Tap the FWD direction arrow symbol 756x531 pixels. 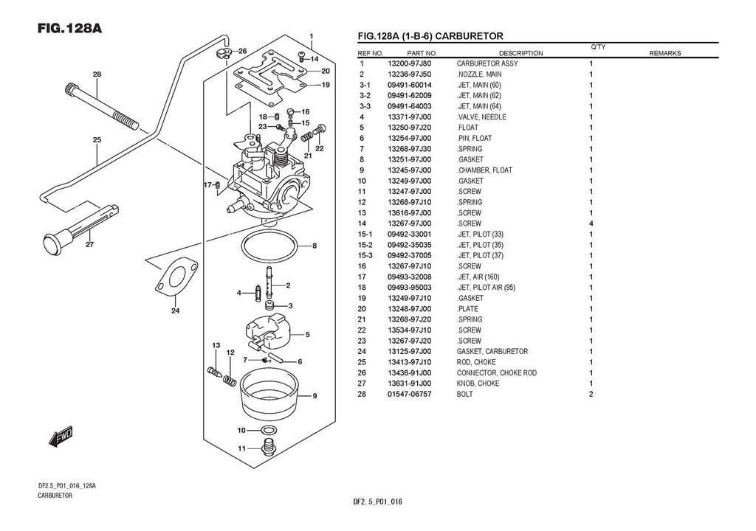(60, 437)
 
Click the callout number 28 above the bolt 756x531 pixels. (97, 74)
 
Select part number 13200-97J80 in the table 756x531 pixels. (409, 64)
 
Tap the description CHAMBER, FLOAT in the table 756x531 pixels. (484, 170)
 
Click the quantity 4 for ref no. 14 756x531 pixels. (591, 223)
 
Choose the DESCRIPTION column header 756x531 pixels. (520, 53)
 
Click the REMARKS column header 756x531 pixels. (664, 53)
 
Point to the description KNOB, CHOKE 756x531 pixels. (478, 383)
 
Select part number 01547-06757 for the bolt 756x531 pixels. (409, 394)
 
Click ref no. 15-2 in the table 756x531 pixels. (365, 245)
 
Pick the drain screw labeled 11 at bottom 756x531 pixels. (269, 447)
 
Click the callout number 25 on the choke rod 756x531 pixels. (97, 139)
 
